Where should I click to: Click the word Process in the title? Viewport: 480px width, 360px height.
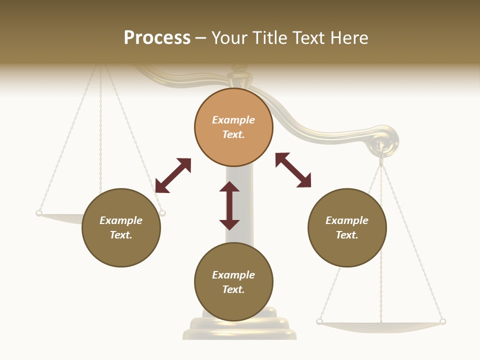(x=157, y=38)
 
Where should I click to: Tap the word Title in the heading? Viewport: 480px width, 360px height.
(x=270, y=38)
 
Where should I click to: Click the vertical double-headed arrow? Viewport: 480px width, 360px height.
(x=229, y=205)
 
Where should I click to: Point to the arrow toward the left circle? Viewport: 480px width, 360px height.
(x=173, y=175)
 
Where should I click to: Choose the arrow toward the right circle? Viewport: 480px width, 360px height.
(x=293, y=170)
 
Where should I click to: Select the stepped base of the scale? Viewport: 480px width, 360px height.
(x=239, y=327)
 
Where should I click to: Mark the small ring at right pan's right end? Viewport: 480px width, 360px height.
(x=442, y=321)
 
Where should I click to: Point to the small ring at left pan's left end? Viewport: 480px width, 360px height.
(x=39, y=213)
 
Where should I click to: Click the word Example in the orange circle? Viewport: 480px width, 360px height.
(x=233, y=120)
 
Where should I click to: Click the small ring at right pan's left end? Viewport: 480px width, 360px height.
(x=319, y=321)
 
